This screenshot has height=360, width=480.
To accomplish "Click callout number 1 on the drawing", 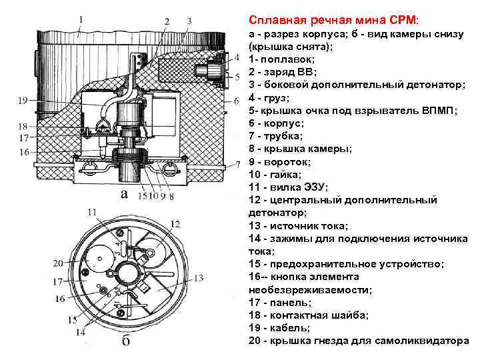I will pos(81,20).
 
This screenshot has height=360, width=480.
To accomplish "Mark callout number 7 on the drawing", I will pos(238,163).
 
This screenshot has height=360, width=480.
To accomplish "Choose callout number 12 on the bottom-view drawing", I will pos(175,224).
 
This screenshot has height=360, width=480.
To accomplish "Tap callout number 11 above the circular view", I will pos(92,212).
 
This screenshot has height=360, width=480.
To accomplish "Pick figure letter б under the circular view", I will pos(125,342).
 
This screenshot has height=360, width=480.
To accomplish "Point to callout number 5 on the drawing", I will pos(238,77).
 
